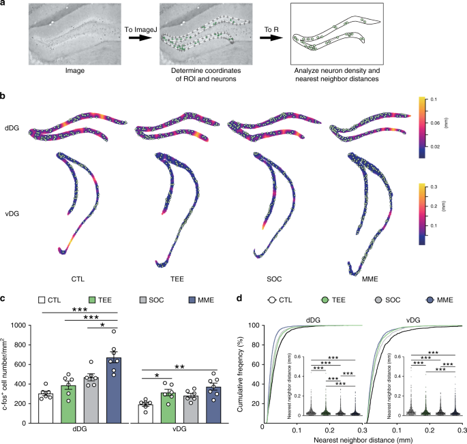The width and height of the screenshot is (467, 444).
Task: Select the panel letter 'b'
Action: point(4,96)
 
